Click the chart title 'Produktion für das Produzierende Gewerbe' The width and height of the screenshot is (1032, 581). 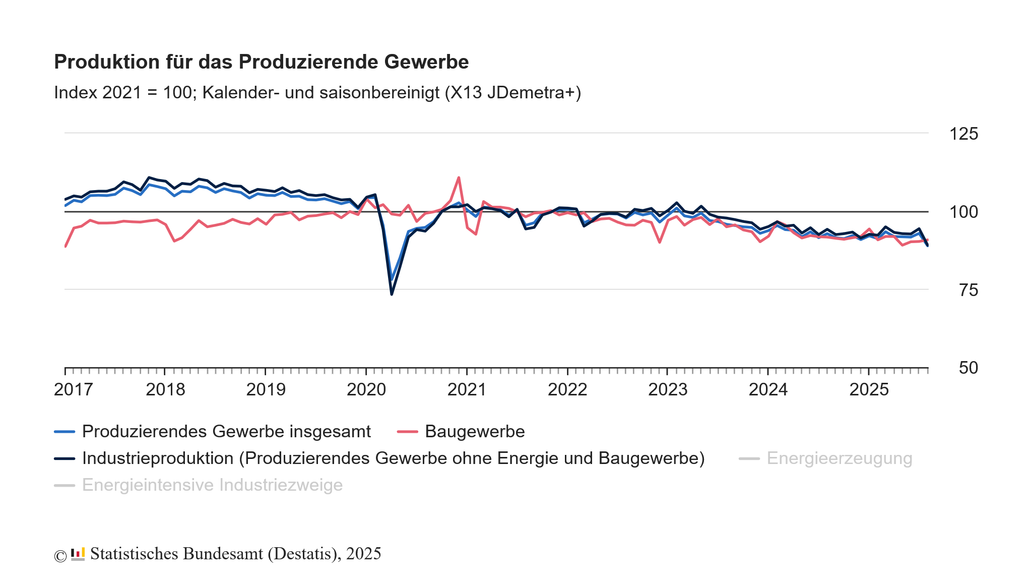click(261, 62)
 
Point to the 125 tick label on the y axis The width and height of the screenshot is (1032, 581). click(963, 134)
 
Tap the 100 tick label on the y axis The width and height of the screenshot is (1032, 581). click(963, 212)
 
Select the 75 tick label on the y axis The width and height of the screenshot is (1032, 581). click(968, 290)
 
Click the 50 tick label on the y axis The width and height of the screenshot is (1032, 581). click(968, 368)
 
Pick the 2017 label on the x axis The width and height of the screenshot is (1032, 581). click(73, 390)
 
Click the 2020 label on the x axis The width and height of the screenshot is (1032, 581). click(366, 390)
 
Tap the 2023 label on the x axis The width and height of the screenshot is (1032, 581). click(667, 390)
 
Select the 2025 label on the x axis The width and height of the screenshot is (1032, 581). click(869, 390)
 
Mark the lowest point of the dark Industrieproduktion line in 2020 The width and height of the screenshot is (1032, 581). click(392, 294)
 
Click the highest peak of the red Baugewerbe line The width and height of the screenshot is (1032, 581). click(459, 178)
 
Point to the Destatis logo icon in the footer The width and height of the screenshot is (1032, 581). click(78, 554)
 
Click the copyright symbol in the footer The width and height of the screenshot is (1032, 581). click(60, 556)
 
